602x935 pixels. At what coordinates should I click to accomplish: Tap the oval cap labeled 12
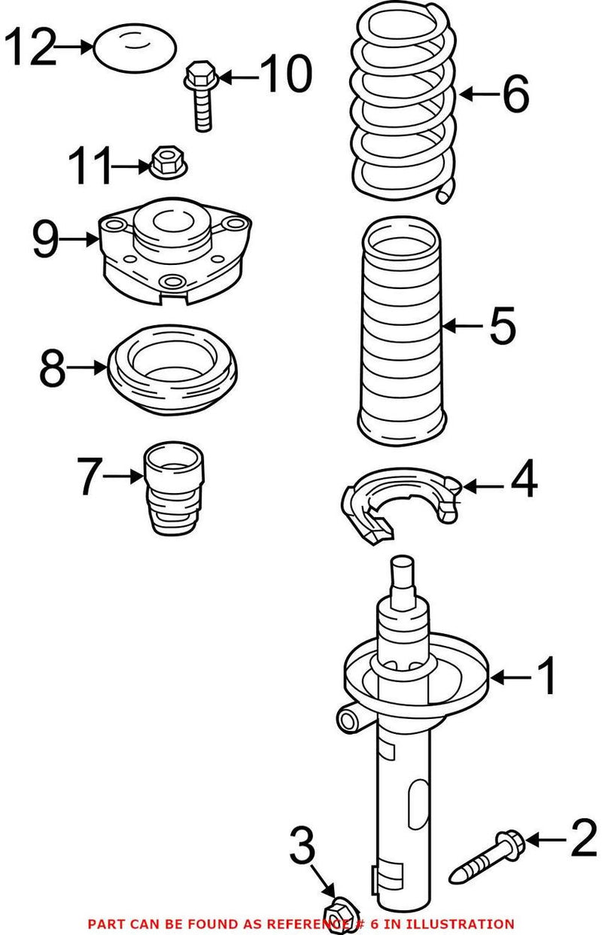(135, 48)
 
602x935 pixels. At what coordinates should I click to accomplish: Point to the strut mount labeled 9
(175, 252)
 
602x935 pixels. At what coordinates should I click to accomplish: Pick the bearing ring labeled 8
(173, 369)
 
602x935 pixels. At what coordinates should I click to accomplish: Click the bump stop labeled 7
(175, 489)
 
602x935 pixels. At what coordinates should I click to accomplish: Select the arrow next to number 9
(79, 239)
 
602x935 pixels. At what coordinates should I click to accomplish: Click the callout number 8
(53, 368)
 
